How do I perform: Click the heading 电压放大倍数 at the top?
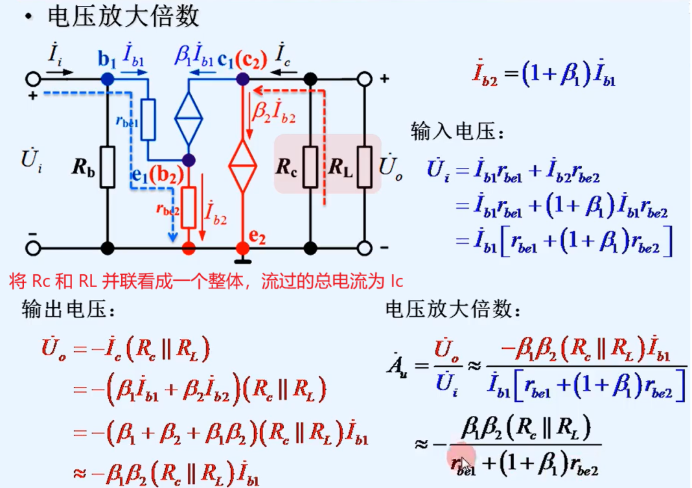[123, 17]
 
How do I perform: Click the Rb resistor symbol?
[108, 166]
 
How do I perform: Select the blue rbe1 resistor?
[148, 119]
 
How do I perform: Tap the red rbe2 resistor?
[189, 207]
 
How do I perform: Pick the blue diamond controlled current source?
[189, 119]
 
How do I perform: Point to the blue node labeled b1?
[108, 79]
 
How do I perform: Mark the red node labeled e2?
[242, 248]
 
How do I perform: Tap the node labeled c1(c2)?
[242, 79]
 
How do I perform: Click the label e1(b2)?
[155, 174]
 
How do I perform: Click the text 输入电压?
[456, 132]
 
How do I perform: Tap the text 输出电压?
[68, 310]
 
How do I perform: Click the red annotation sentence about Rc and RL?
[206, 281]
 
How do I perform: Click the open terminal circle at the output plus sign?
[365, 79]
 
